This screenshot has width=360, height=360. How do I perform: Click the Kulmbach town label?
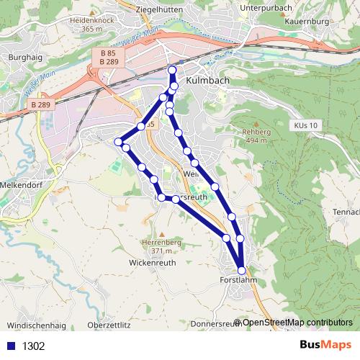[x=208, y=81]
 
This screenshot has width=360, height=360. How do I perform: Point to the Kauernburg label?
[x=307, y=22]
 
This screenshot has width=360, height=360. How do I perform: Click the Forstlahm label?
[x=238, y=280]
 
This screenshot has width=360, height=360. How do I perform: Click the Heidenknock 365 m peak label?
[x=92, y=25]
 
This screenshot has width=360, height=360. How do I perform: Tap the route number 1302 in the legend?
[x=34, y=346]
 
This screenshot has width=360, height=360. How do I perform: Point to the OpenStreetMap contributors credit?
[x=297, y=323]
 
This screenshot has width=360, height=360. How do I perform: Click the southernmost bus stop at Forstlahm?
[x=241, y=271]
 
